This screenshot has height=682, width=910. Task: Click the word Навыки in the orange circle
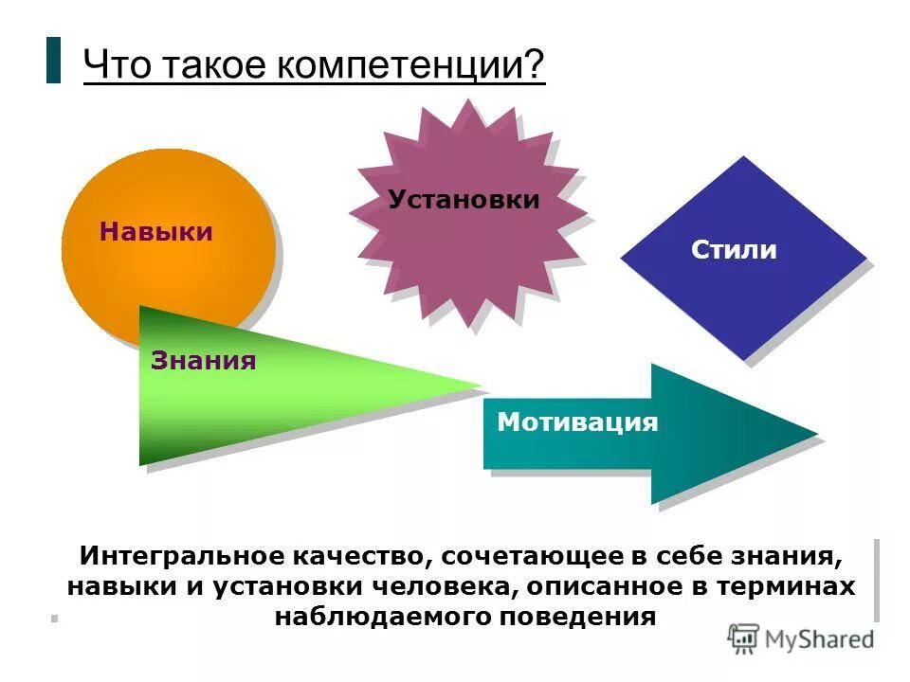155,232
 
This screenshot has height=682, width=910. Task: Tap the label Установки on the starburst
464,200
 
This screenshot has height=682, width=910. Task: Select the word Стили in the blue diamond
734,250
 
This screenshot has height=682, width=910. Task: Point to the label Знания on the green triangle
203,361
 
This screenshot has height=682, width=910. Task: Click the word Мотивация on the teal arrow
577,422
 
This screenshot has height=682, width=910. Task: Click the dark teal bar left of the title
53,60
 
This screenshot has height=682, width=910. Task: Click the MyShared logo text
819,639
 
